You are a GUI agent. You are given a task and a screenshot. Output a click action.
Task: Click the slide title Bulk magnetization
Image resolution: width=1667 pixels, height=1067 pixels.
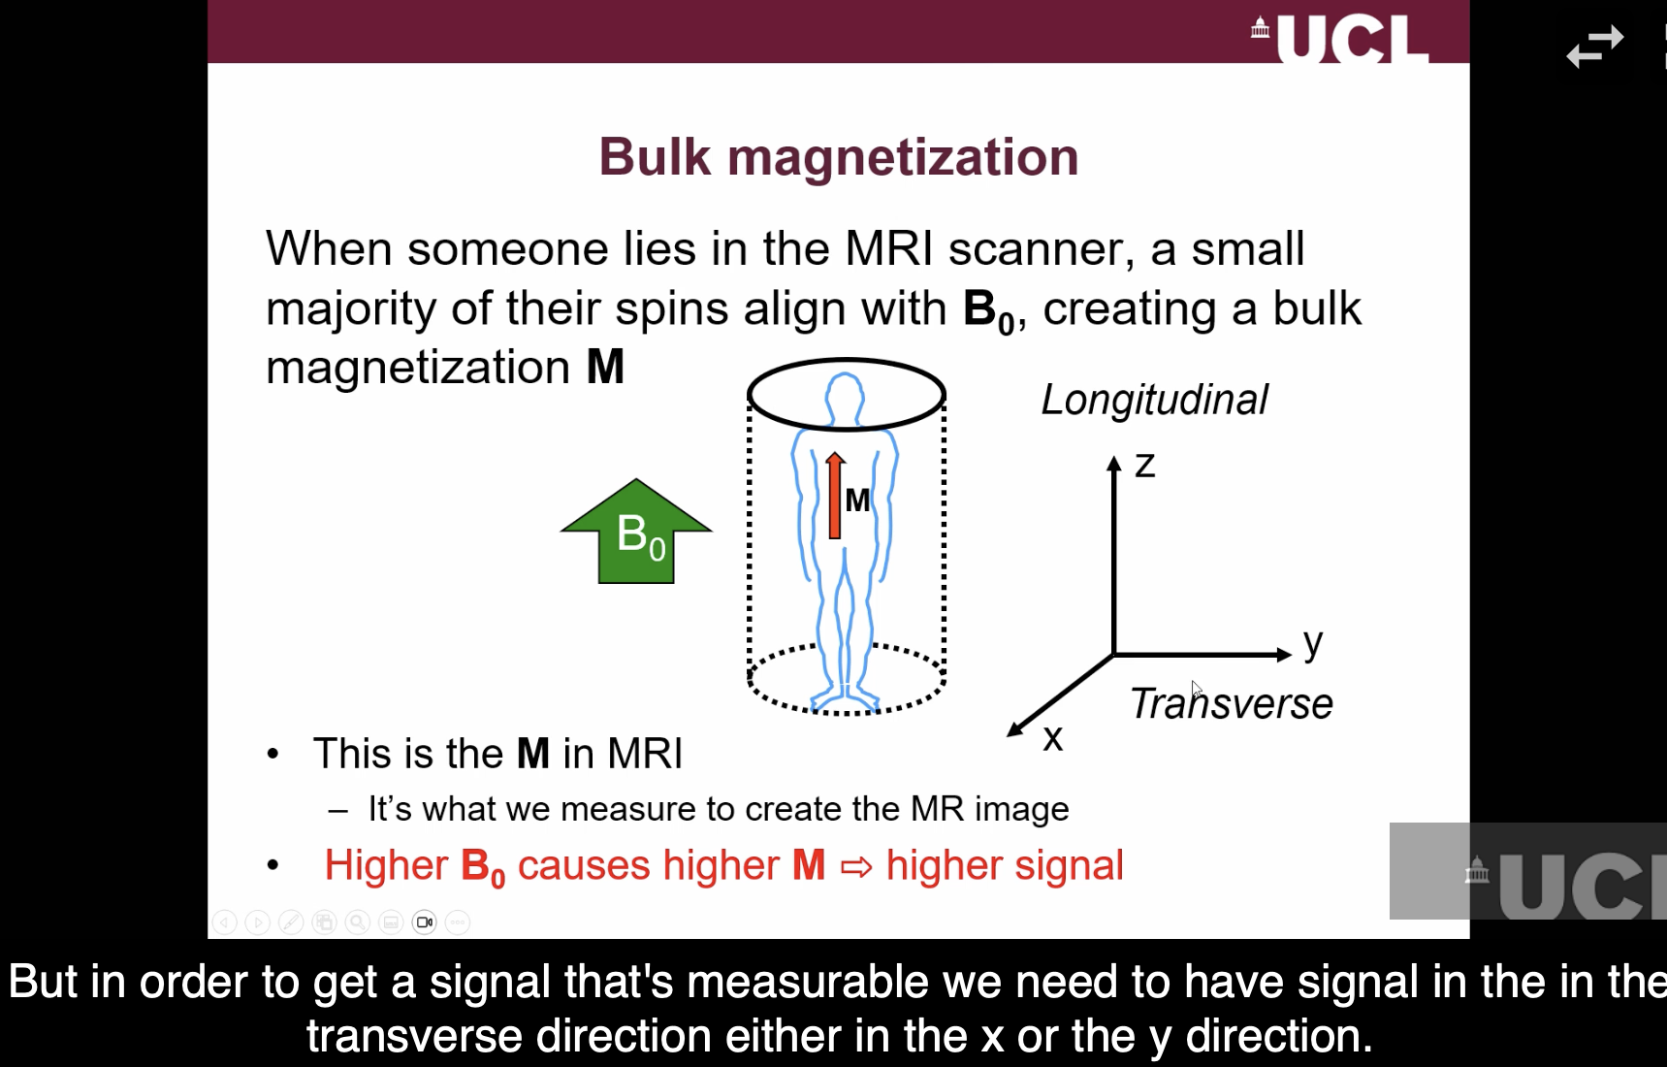(838, 157)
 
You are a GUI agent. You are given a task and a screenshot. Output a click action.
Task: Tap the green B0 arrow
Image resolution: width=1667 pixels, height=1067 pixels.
(636, 534)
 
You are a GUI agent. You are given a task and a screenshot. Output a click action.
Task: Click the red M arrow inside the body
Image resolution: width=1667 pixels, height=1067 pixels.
(834, 496)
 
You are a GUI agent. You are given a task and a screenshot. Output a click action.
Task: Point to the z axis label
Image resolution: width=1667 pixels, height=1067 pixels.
(1145, 466)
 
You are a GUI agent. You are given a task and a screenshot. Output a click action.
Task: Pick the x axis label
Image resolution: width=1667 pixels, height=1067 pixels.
(1052, 738)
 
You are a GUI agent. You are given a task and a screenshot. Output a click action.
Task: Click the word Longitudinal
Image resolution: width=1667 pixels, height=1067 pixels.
(1154, 400)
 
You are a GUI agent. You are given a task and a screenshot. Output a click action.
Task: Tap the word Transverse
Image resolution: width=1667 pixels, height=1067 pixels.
(1231, 704)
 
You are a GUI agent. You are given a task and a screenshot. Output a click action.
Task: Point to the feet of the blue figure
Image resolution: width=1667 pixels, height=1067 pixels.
(845, 698)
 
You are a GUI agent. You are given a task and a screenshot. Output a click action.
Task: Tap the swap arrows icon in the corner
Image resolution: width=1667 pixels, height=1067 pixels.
(1594, 46)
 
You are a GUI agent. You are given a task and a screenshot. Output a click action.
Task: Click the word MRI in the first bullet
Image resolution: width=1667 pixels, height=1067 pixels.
(645, 754)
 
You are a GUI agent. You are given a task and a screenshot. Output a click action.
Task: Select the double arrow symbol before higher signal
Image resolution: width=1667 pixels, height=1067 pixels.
(855, 866)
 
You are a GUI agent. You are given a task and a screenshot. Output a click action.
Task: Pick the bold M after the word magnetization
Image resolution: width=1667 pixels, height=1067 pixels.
(605, 368)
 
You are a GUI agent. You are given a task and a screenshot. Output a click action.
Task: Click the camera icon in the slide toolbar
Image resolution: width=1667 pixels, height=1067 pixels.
(424, 921)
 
